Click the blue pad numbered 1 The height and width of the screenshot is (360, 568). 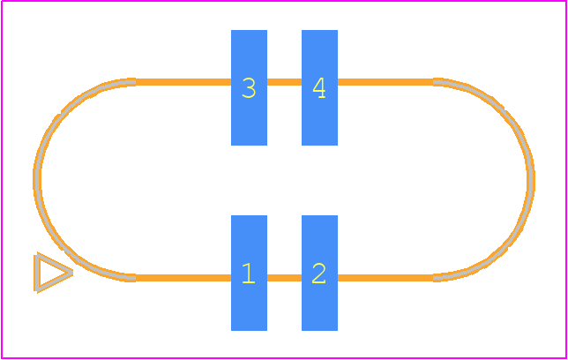[x=250, y=273]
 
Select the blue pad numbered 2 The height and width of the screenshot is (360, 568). [x=319, y=273]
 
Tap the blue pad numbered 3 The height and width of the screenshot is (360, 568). [x=250, y=87]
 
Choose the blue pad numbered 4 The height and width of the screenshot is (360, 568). [x=319, y=87]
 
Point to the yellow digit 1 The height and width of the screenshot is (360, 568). [x=249, y=274]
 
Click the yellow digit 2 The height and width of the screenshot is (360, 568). [x=318, y=274]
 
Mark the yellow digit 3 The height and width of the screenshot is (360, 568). [x=249, y=88]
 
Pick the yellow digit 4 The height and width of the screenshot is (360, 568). [x=319, y=88]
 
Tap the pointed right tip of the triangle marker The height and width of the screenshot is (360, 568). [x=72, y=273]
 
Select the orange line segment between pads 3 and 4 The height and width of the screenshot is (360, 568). [x=284, y=82]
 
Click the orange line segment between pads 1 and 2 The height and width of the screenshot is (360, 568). [x=284, y=278]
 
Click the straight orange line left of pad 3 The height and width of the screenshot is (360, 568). [x=183, y=82]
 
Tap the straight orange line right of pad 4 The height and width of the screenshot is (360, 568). [x=385, y=82]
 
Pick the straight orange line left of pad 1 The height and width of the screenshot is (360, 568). [x=183, y=278]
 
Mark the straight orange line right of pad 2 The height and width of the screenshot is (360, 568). [x=385, y=278]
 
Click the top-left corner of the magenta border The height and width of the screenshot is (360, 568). [x=2, y=1]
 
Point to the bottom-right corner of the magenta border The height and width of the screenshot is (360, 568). [x=566, y=358]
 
